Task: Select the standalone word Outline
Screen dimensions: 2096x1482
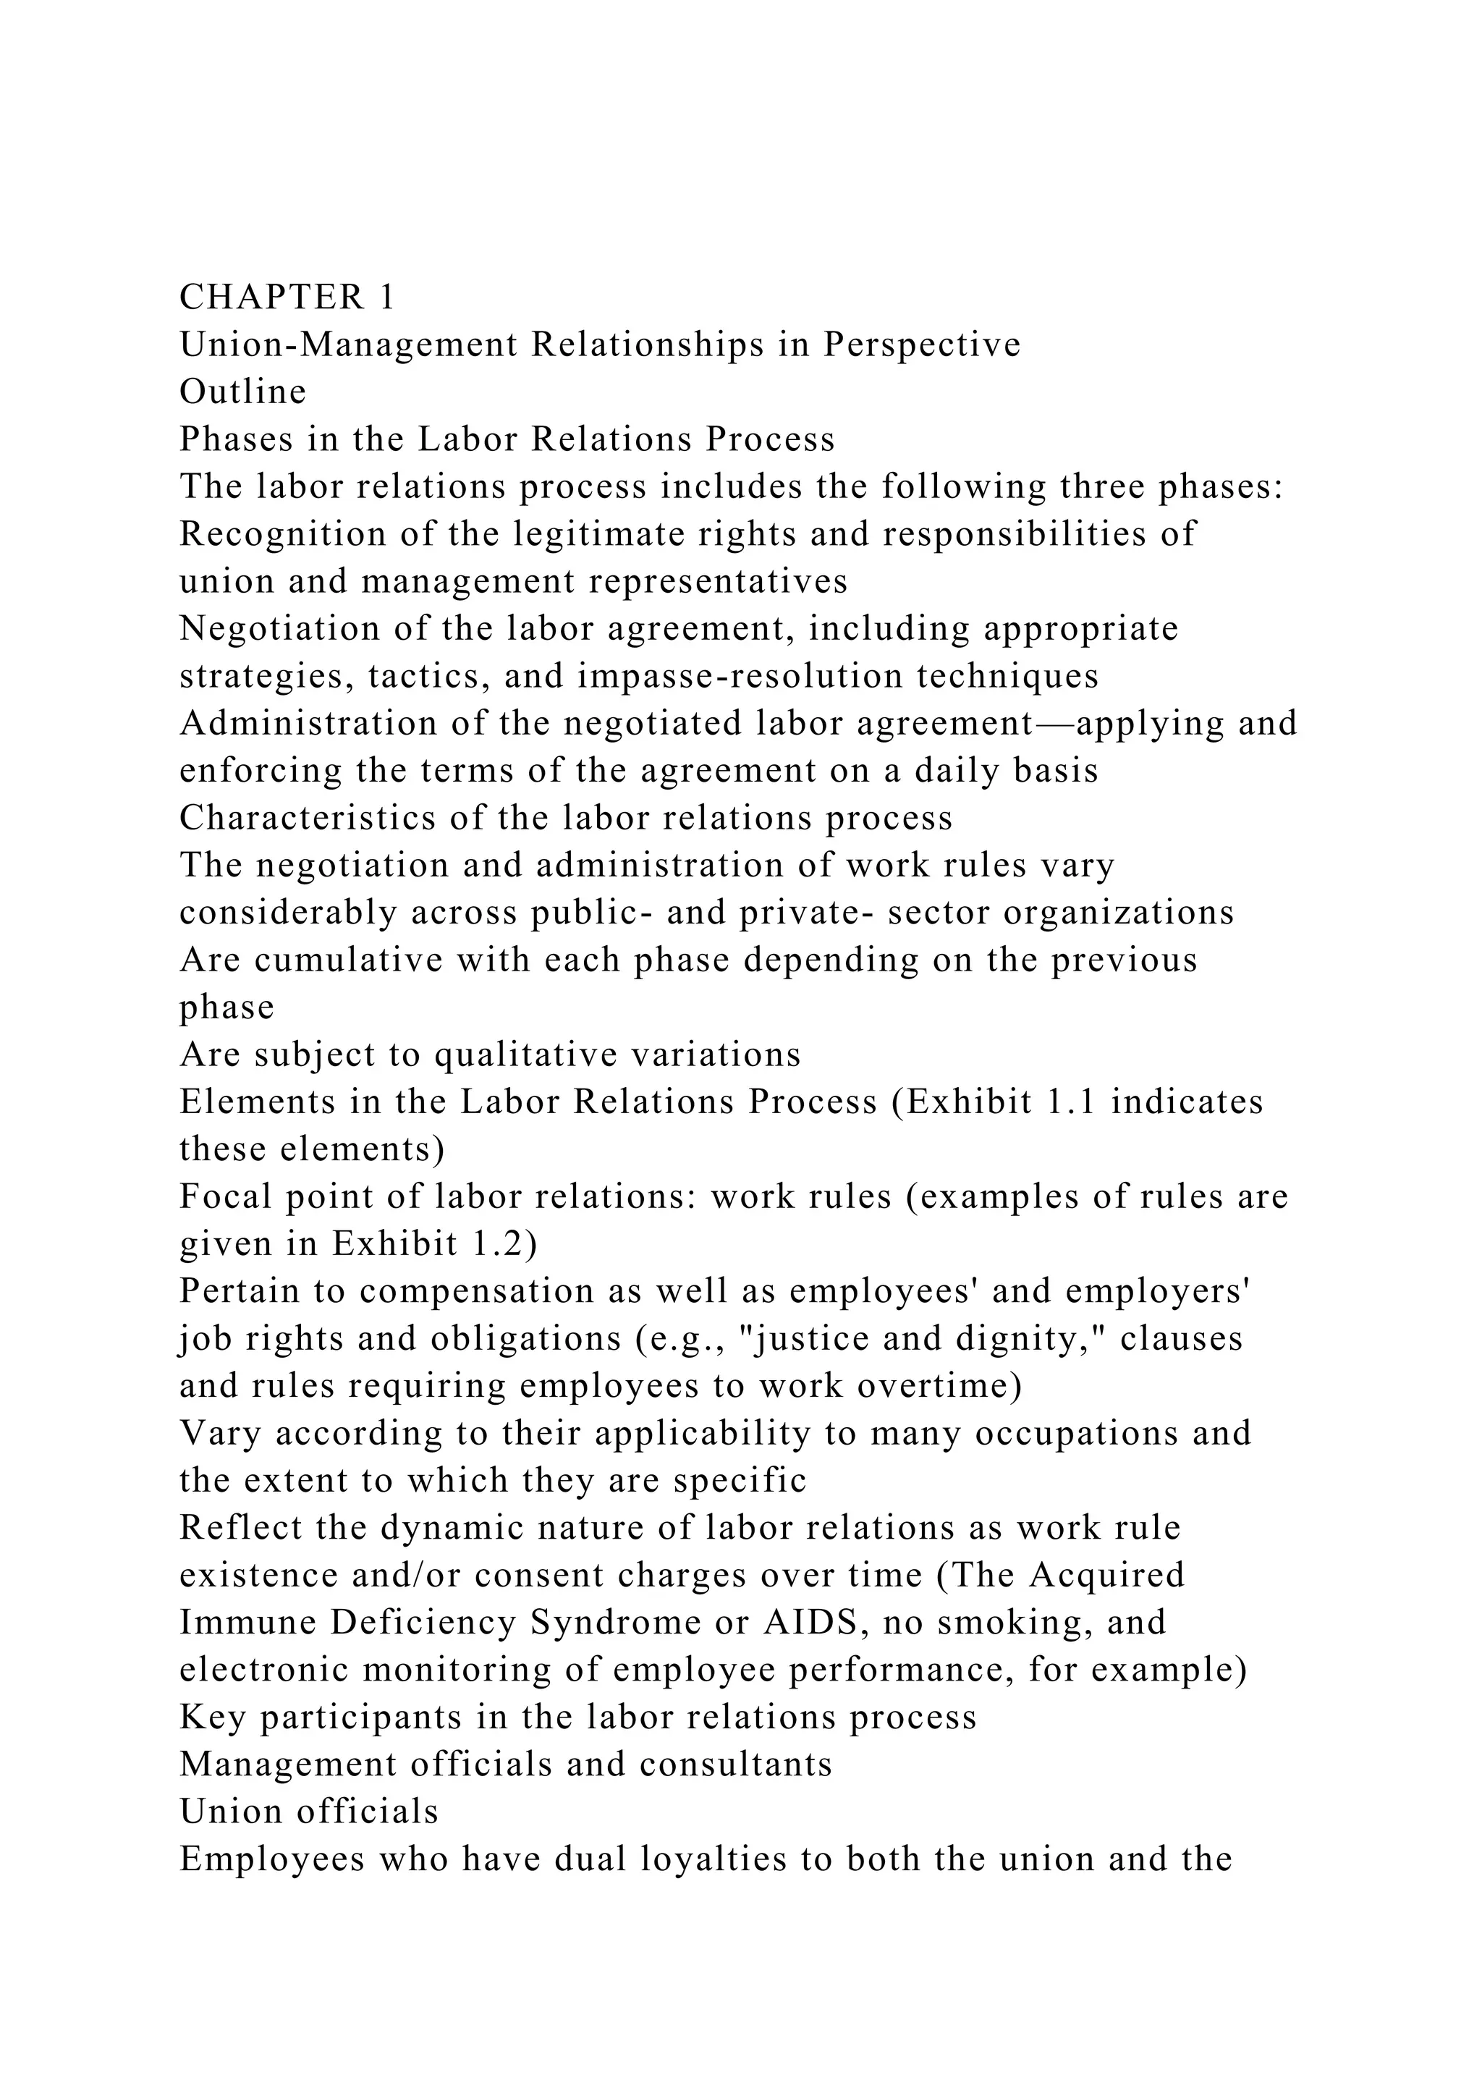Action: point(242,392)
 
